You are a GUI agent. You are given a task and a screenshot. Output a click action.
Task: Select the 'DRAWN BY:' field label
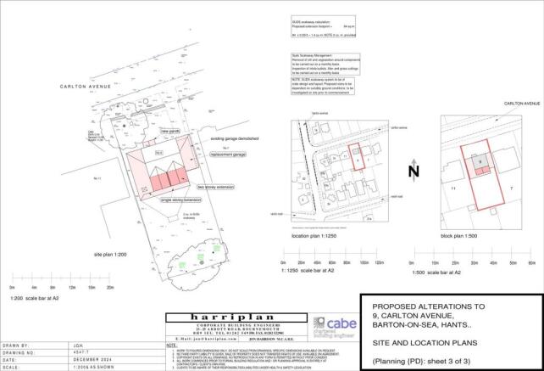(18, 346)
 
